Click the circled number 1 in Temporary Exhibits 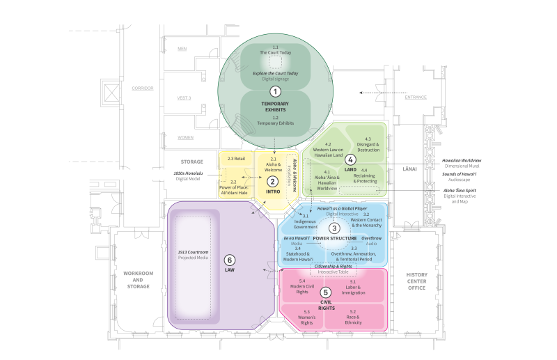coord(275,91)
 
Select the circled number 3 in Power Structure coord(334,228)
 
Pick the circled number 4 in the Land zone coord(351,159)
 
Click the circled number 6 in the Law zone coord(230,259)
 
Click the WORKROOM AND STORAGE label coord(138,279)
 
